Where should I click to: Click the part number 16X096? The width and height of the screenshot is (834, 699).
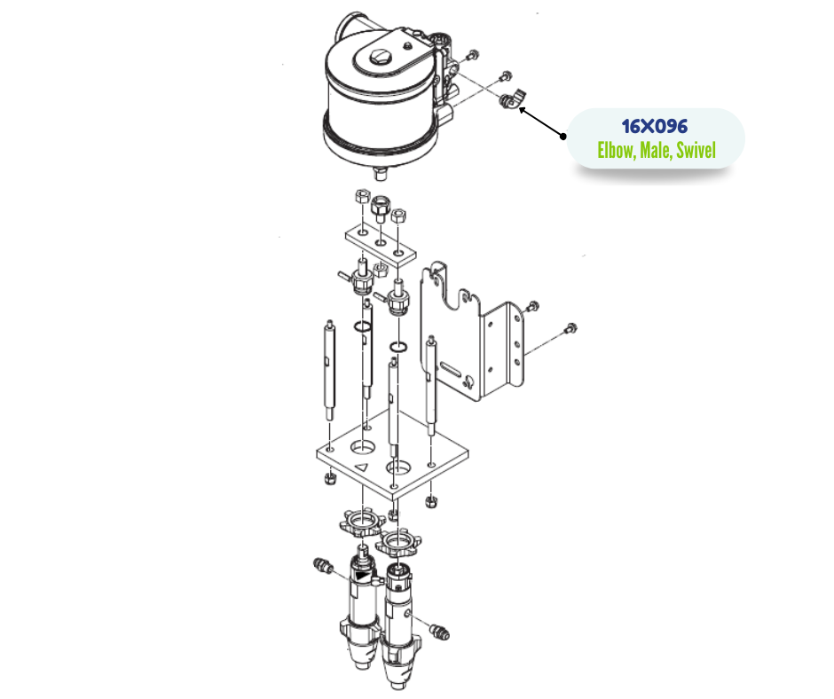point(655,127)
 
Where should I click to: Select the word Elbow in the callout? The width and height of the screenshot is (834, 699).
point(615,151)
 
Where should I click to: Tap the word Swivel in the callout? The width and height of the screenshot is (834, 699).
point(696,151)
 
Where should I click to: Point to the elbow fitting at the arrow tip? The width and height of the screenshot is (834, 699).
point(509,99)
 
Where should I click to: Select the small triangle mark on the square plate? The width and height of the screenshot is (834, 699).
point(361,466)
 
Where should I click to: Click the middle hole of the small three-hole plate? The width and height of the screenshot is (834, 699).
point(380,241)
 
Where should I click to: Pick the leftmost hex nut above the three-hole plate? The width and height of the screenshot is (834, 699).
point(361,198)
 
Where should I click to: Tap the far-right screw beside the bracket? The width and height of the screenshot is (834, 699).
point(570,329)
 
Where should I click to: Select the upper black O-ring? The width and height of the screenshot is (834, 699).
point(361,328)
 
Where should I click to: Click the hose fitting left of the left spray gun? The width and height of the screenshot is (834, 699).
point(322,565)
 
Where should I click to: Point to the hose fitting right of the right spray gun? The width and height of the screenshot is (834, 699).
point(437,631)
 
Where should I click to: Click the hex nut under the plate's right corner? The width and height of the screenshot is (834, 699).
point(430,502)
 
